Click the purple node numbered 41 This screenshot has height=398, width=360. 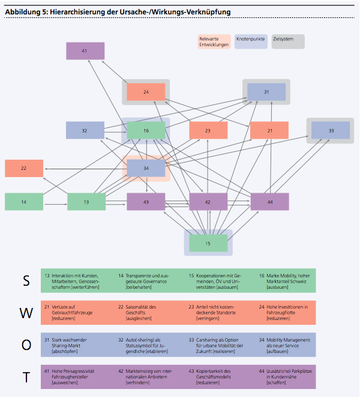(85, 51)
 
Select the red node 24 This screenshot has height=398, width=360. (146, 92)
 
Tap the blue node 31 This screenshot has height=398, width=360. (266, 92)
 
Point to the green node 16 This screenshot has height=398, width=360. (146, 130)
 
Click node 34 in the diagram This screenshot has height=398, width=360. (146, 169)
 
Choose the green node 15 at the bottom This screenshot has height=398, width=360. (208, 243)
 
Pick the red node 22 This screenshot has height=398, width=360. (24, 169)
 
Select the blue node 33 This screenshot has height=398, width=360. (331, 130)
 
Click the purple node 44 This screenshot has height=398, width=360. (270, 202)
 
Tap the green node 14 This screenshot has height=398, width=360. (24, 202)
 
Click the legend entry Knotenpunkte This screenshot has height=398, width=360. (251, 41)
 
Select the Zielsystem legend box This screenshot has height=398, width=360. (287, 41)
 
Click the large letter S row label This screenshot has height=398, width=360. (26, 280)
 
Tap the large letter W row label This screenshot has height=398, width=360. (26, 312)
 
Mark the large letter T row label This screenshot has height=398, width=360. (26, 377)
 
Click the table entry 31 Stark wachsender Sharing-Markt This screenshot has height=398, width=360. (72, 345)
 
